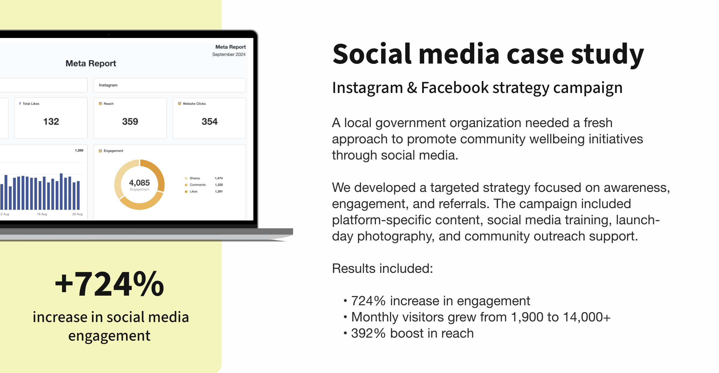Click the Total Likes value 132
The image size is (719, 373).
tap(51, 121)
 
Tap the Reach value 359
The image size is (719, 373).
tap(130, 121)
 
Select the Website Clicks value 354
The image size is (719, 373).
tap(209, 121)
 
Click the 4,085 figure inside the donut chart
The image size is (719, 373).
tap(139, 183)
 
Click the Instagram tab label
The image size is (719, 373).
tap(108, 85)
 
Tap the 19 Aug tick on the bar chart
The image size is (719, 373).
tap(42, 214)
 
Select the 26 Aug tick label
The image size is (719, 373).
tap(77, 214)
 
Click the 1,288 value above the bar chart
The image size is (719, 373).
tap(79, 150)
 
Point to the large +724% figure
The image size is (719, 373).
tap(109, 284)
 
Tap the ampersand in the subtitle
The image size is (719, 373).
tap(412, 88)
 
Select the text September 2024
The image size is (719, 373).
tap(229, 54)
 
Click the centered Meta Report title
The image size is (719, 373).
tap(91, 63)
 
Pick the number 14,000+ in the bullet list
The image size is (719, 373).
tap(587, 317)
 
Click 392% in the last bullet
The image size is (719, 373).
tap(368, 333)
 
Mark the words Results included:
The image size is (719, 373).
tap(383, 268)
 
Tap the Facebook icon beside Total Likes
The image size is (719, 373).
tap(20, 103)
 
